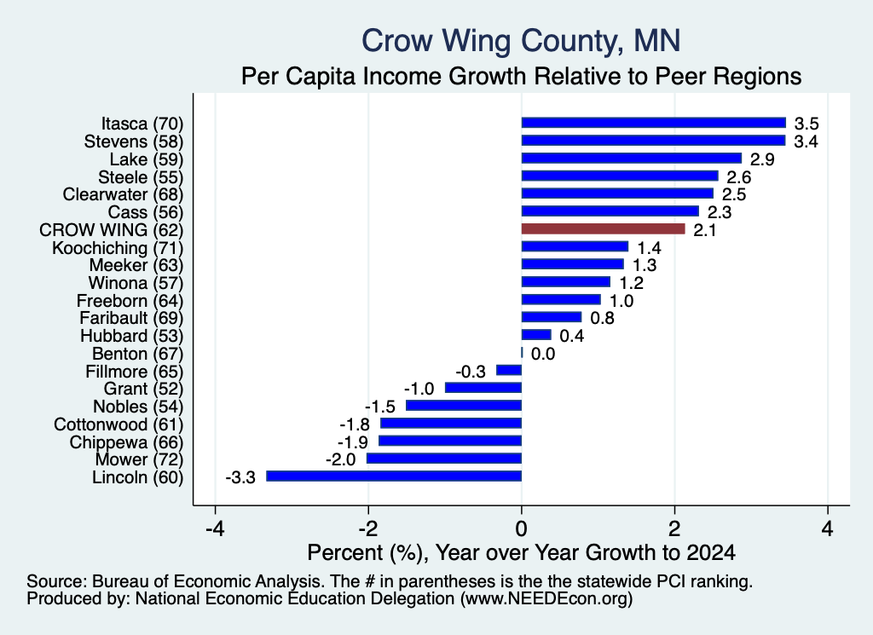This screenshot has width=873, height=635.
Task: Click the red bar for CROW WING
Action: click(603, 228)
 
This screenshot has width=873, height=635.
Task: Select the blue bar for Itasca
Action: click(654, 123)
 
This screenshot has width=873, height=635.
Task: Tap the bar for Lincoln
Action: click(394, 476)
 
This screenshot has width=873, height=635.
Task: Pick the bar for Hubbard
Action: click(536, 334)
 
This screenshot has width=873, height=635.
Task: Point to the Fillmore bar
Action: click(509, 370)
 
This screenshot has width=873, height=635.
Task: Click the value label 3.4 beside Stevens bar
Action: click(806, 141)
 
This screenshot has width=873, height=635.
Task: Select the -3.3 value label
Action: click(240, 477)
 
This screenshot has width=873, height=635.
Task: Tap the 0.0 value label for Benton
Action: click(543, 354)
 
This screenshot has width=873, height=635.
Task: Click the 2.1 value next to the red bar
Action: click(704, 230)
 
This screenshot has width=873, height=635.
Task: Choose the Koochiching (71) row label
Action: click(118, 248)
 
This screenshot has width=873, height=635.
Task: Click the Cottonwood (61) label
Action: click(119, 424)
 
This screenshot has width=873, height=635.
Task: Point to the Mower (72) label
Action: click(139, 459)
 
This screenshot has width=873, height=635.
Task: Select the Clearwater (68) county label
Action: click(123, 194)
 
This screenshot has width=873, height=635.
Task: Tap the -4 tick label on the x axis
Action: click(215, 528)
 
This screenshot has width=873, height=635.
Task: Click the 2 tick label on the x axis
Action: click(675, 528)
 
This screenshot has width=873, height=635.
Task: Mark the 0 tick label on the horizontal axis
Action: click(521, 528)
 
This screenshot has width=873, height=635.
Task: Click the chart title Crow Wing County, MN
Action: click(521, 41)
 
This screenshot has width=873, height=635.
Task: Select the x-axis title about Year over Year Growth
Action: click(521, 552)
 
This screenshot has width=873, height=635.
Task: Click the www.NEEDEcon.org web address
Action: click(546, 599)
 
